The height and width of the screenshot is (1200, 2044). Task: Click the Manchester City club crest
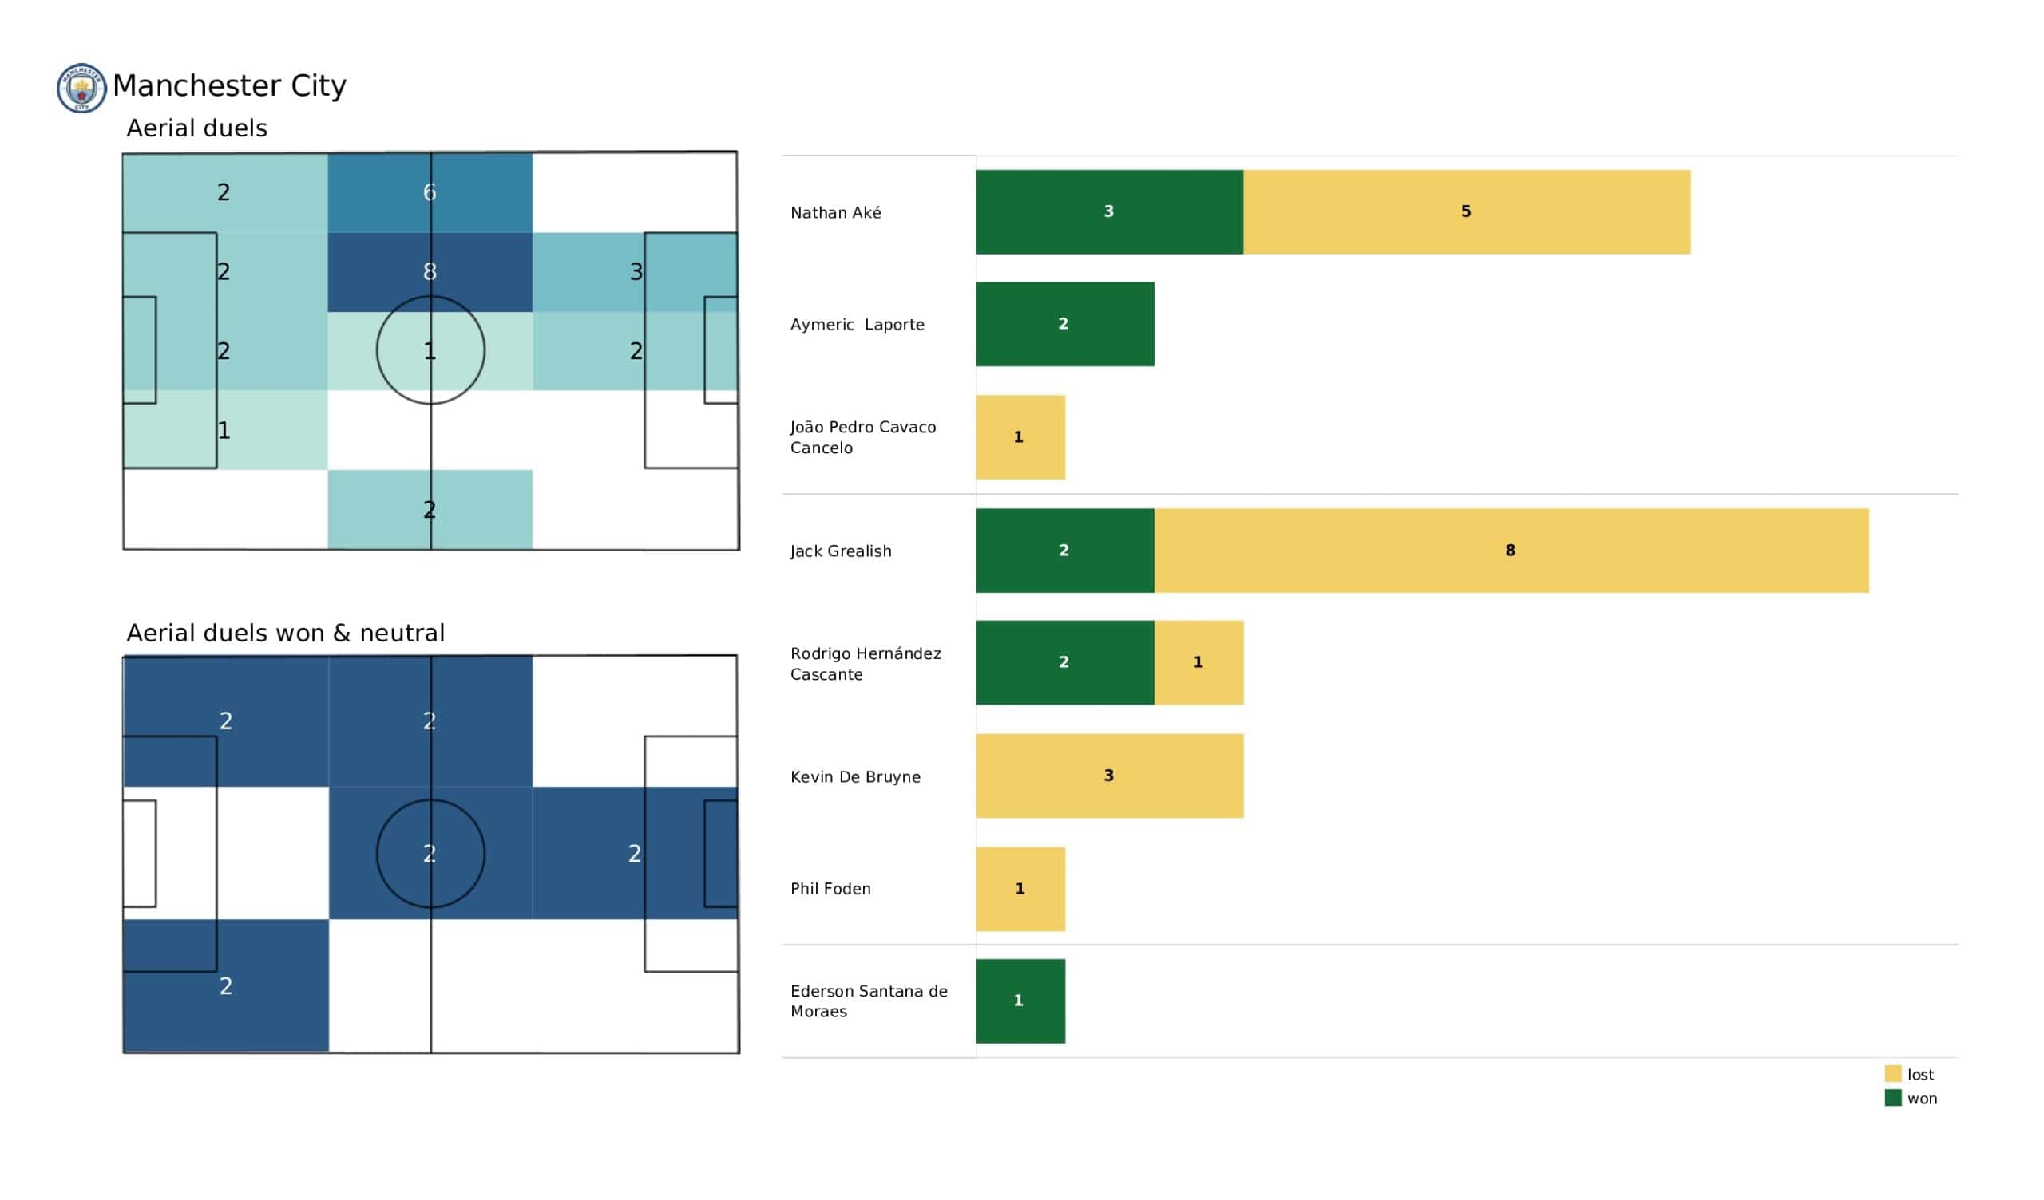81,89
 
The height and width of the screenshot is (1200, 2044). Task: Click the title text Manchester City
229,86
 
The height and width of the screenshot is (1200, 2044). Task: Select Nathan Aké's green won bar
1109,211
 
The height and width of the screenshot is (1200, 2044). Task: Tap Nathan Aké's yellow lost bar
1467,211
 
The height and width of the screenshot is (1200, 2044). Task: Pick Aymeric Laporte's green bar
1065,324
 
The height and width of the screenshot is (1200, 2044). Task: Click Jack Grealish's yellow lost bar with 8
1511,551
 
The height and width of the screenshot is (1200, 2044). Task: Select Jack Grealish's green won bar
1065,551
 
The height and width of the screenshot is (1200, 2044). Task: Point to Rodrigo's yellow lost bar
1198,662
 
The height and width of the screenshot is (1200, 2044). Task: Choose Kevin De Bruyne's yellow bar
1110,776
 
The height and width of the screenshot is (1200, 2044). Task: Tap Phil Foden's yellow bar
1020,889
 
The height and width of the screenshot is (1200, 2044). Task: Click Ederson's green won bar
1020,1001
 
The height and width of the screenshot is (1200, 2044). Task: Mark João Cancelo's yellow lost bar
1020,438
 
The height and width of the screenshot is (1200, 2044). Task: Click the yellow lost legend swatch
1893,1074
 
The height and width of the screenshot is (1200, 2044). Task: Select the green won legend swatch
1893,1099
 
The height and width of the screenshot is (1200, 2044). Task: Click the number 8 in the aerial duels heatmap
430,271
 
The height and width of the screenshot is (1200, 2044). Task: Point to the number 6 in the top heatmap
430,192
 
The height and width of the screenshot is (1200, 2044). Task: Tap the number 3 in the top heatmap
636,271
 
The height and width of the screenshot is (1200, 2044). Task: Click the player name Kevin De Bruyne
856,777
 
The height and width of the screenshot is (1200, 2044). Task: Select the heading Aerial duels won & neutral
286,634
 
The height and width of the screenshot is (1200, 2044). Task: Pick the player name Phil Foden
830,889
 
